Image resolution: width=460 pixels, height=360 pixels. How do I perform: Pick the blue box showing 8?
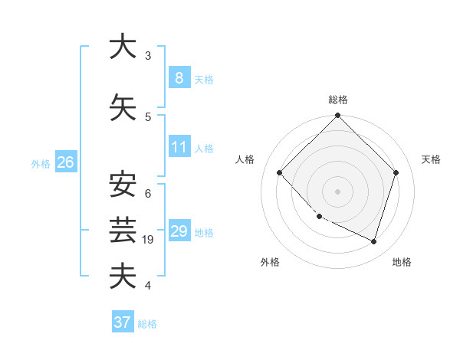179,78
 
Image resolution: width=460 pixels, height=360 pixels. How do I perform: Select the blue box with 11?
179,147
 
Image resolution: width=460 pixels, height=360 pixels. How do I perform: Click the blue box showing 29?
179,231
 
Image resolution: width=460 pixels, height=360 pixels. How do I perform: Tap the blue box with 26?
65,162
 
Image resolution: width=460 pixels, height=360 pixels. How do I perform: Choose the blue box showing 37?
123,322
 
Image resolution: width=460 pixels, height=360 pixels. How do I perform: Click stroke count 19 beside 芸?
149,240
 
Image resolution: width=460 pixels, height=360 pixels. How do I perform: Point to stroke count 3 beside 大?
147,56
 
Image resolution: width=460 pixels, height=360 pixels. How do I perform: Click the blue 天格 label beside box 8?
204,79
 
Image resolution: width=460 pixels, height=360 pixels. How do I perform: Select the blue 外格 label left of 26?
41,163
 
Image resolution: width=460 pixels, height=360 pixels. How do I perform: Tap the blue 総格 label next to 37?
147,323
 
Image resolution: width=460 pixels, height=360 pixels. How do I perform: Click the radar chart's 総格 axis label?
338,100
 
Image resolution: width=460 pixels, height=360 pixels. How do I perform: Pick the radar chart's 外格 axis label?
270,262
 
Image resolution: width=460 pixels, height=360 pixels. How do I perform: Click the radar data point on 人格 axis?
280,173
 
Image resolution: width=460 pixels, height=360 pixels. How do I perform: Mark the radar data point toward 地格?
373,241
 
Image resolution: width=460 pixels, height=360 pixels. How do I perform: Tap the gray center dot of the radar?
338,191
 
